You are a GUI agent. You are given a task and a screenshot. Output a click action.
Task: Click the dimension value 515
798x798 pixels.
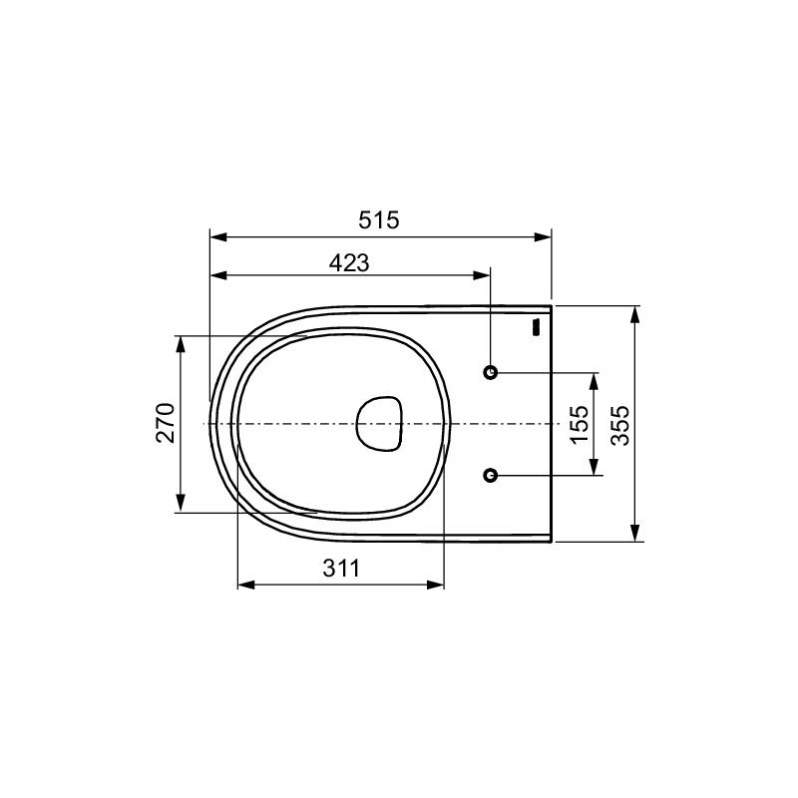(x=379, y=220)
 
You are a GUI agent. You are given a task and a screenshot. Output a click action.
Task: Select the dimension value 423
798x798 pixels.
(x=349, y=262)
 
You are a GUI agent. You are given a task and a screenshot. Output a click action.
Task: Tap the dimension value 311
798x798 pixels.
(x=341, y=568)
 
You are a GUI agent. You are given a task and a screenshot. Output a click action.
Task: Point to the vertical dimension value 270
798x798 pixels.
(x=166, y=423)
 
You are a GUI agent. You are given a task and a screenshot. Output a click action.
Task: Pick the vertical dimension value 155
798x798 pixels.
(x=580, y=425)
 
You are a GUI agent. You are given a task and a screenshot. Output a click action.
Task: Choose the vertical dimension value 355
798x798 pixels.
(x=619, y=426)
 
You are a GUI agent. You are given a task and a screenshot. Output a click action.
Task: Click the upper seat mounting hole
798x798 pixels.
(x=490, y=372)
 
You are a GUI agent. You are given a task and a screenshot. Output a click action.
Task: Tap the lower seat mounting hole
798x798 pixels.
(x=490, y=476)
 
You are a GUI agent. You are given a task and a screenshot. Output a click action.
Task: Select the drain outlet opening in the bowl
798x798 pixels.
(x=380, y=423)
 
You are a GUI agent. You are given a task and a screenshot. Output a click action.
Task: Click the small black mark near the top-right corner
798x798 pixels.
(x=536, y=327)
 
